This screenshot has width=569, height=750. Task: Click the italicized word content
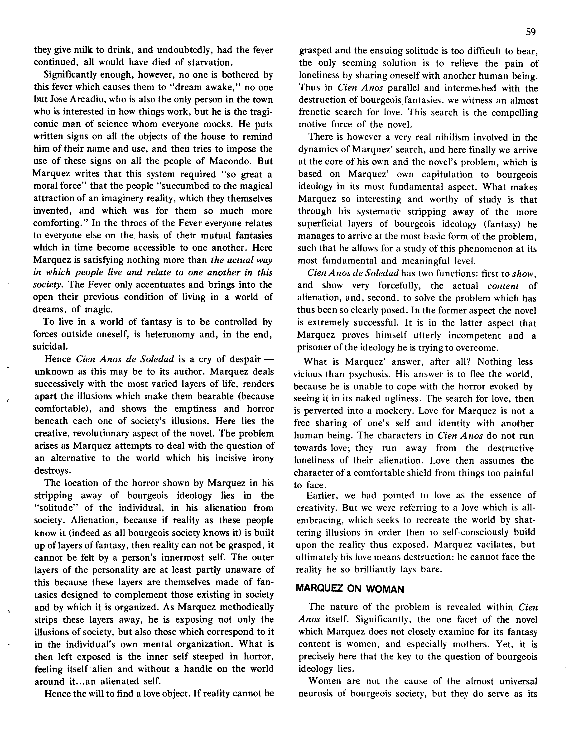coord(503,286)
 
